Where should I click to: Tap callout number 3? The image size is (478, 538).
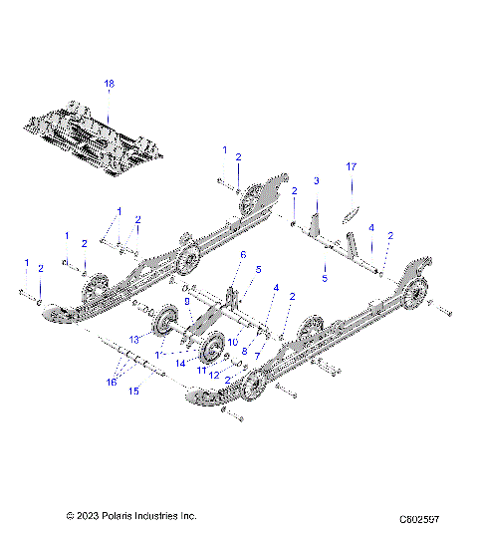(316, 181)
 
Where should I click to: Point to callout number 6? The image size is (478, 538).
(242, 255)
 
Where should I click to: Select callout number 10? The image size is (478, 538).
(233, 342)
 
